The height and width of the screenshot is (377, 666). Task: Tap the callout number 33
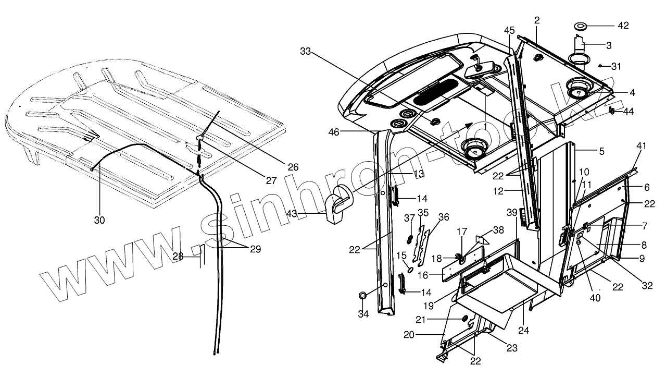click(306, 52)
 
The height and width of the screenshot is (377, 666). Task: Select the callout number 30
click(99, 220)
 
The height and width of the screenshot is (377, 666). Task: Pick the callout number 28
click(178, 256)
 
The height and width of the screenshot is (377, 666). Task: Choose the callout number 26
click(293, 167)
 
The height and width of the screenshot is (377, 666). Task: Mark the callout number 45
click(509, 30)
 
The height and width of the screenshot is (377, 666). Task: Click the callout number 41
click(640, 146)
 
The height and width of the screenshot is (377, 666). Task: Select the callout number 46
click(334, 132)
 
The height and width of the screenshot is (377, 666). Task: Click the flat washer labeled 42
click(579, 26)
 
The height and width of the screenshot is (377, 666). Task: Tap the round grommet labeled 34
click(363, 296)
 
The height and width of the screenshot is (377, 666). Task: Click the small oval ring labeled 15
click(410, 270)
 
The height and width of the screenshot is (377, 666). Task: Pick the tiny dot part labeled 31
click(600, 66)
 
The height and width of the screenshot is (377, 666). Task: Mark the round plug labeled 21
click(464, 319)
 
